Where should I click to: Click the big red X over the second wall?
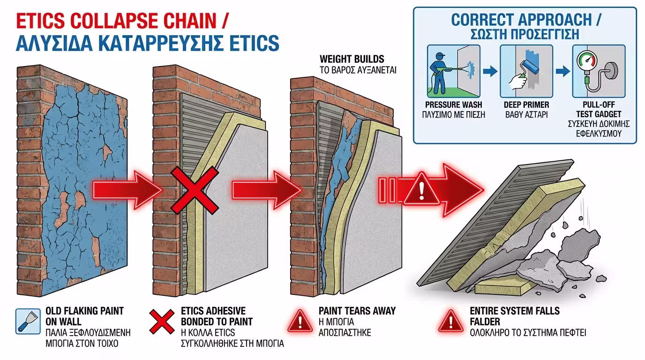pos(193,192)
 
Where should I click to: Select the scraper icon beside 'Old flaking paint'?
pos(26,321)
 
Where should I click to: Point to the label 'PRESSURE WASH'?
pos(453,105)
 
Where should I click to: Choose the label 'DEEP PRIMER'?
pos(526,105)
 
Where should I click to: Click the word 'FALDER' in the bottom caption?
pos(484,322)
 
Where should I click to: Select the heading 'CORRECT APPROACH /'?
pos(525,20)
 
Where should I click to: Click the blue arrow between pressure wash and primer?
pos(490,71)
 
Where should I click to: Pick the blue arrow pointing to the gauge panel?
pos(562,71)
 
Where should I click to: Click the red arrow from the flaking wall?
pos(127,190)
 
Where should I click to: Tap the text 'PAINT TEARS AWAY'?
pos(357,311)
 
